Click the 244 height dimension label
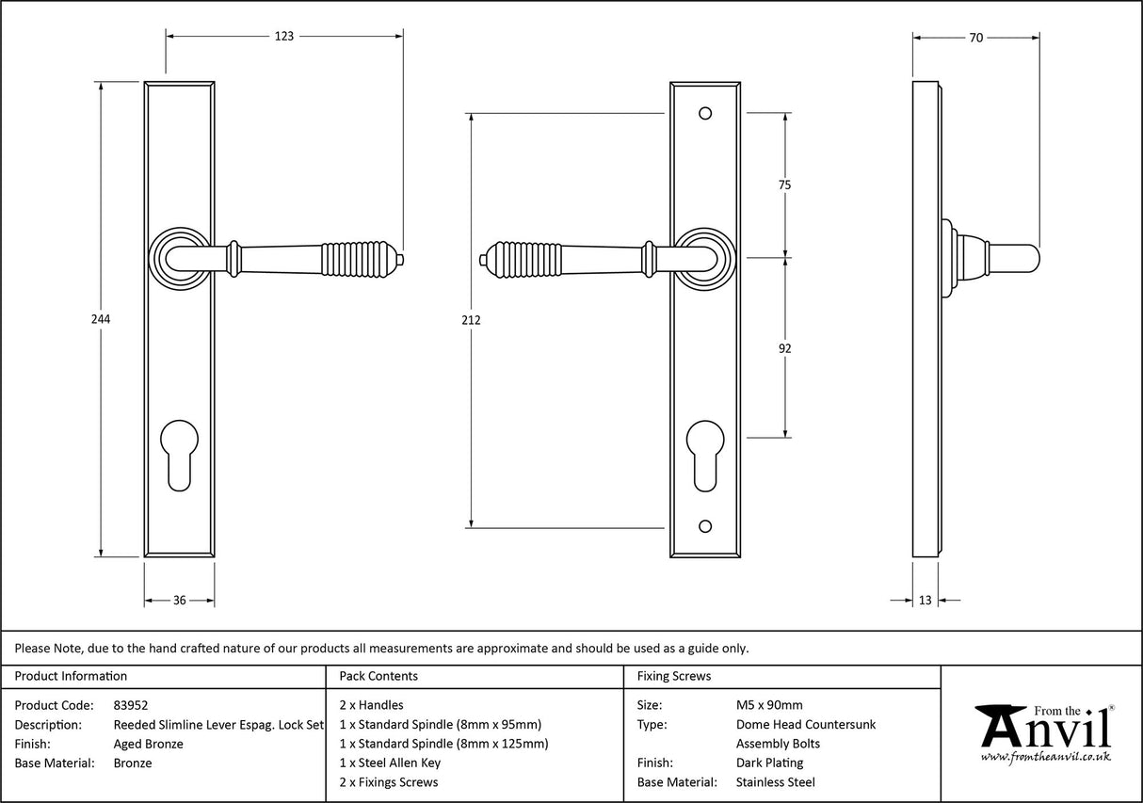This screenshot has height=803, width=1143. click(101, 319)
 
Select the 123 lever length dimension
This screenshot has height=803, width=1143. click(284, 37)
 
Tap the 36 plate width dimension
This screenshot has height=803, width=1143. click(179, 600)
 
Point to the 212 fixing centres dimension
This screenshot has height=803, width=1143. click(472, 320)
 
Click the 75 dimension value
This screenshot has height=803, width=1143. click(784, 185)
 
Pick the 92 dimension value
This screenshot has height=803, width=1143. click(784, 348)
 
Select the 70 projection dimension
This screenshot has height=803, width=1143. click(975, 38)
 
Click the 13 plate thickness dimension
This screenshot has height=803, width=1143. click(925, 600)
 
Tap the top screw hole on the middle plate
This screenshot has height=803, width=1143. click(704, 114)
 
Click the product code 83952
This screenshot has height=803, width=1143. click(130, 704)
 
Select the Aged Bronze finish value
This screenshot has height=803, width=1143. click(148, 744)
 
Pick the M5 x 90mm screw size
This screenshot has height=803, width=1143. click(769, 704)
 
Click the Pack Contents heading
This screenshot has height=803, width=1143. click(378, 676)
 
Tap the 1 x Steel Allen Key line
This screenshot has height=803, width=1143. click(390, 763)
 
